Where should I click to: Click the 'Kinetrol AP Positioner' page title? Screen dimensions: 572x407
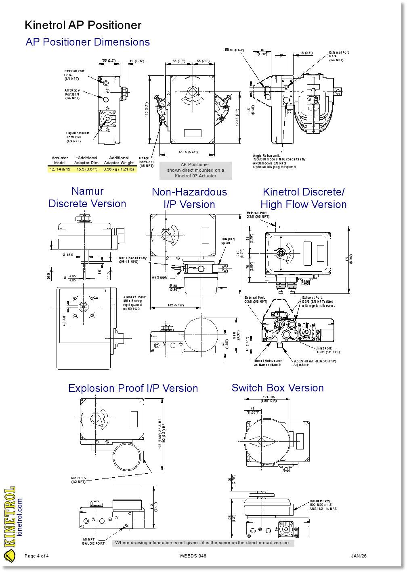83,25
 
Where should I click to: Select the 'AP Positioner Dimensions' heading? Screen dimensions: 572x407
88,42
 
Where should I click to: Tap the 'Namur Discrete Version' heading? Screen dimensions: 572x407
87,197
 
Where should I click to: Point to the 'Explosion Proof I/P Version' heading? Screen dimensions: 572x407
133,388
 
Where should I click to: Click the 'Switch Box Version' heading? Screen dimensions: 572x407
277,388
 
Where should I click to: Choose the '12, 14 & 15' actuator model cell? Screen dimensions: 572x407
60,169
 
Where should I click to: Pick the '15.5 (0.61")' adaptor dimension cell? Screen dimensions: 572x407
87,169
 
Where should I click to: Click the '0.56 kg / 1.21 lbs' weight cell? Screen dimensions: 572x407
119,169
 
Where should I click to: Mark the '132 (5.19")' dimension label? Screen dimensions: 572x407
176,305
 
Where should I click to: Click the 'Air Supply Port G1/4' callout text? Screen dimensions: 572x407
72,94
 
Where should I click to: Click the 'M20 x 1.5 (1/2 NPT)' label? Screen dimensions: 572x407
78,480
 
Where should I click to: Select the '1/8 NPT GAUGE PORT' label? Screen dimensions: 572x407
93,541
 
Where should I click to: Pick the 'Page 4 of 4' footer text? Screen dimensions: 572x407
37,556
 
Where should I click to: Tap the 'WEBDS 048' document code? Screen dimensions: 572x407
193,556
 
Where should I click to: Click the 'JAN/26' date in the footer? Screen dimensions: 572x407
359,556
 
